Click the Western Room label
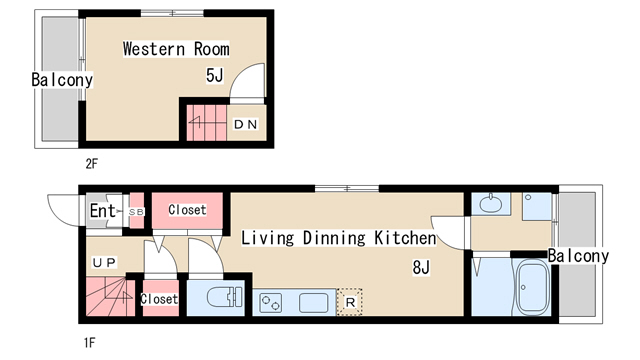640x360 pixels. [x=176, y=49]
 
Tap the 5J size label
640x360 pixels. [x=215, y=75]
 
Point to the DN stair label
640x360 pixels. [x=245, y=124]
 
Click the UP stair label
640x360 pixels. [x=104, y=262]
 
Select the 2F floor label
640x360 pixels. [x=91, y=164]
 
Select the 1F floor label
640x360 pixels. [x=89, y=343]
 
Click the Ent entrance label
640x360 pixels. [x=102, y=211]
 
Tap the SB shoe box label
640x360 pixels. [x=136, y=212]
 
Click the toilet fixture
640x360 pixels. [x=224, y=297]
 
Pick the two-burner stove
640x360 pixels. [x=271, y=303]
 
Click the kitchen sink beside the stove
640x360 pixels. [x=313, y=303]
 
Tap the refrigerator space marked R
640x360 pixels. [x=349, y=302]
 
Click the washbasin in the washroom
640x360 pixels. [x=491, y=203]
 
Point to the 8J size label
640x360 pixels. [x=421, y=268]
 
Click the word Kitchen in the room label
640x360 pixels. [x=405, y=238]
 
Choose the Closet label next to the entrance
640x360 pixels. [x=187, y=210]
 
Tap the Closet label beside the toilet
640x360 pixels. [x=159, y=299]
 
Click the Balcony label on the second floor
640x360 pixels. [x=62, y=80]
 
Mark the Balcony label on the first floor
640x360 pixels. [x=578, y=256]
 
